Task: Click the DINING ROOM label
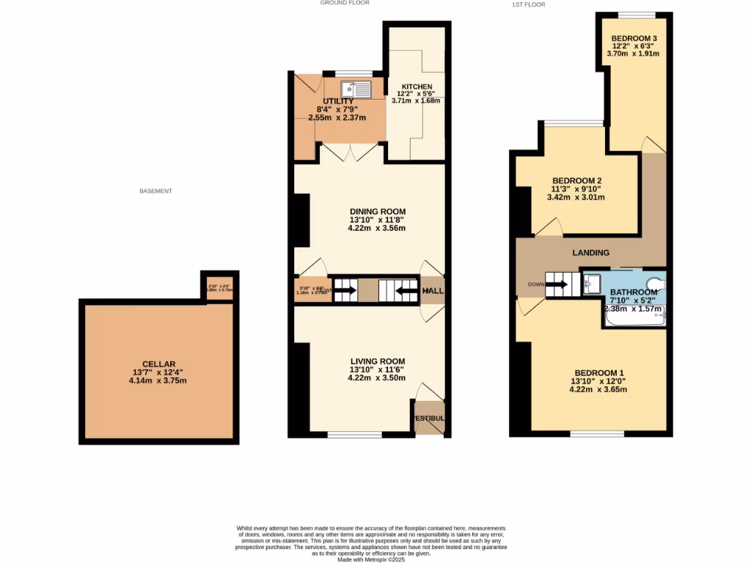[x=376, y=212]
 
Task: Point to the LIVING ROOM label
[x=377, y=361]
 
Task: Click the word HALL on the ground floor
[x=433, y=291]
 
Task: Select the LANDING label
[x=591, y=253]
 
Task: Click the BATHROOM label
[x=634, y=292]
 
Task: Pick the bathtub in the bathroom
[x=635, y=318]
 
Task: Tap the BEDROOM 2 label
[x=577, y=181]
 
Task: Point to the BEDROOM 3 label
[x=634, y=38]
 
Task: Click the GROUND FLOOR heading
[x=343, y=4]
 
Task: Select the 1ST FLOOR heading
[x=528, y=5]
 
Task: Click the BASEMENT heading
[x=155, y=191]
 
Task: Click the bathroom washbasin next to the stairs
[x=593, y=284]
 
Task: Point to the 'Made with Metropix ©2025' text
[x=370, y=559]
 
